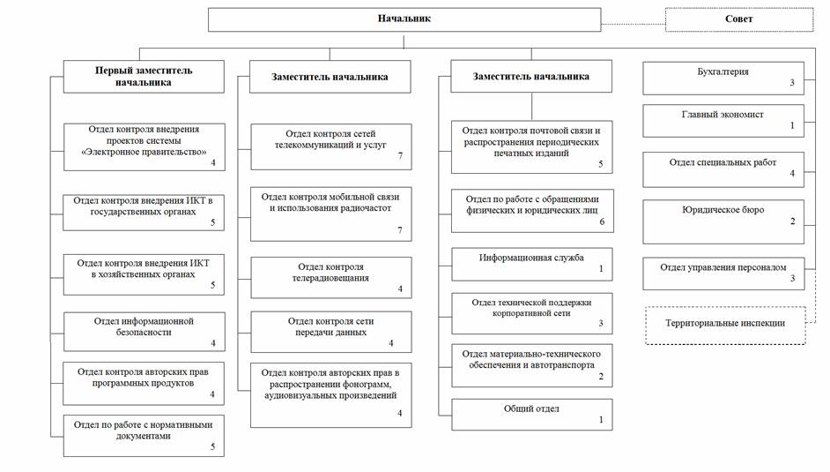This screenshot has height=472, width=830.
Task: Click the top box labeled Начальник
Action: coord(404,19)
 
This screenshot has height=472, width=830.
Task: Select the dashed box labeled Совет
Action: coord(739,19)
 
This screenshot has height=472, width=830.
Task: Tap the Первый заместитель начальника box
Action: coord(144,76)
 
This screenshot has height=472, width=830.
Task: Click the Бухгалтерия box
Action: coord(723,79)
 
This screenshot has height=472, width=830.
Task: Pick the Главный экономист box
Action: coord(723,121)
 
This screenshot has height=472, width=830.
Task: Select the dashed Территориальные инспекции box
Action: coord(725,326)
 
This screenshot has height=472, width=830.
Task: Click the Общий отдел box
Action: coord(531,415)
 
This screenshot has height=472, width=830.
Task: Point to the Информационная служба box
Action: coord(531,264)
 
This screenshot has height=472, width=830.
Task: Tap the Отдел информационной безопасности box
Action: coord(144,332)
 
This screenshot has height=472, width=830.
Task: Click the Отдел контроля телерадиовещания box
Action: coord(330,278)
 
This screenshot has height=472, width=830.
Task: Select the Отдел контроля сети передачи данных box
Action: coord(330,332)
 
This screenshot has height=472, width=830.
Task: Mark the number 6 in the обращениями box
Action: coord(602,222)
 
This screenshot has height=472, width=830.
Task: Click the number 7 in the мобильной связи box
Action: coord(400,230)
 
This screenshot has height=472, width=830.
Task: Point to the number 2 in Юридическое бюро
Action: coord(792,221)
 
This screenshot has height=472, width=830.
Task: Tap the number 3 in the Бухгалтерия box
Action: coord(792,83)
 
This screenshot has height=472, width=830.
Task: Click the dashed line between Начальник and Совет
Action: coord(634,25)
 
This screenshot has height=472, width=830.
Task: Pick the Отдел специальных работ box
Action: coord(723,169)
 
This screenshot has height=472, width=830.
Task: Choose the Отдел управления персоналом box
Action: coord(723,273)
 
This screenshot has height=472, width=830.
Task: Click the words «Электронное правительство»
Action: coord(144,152)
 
